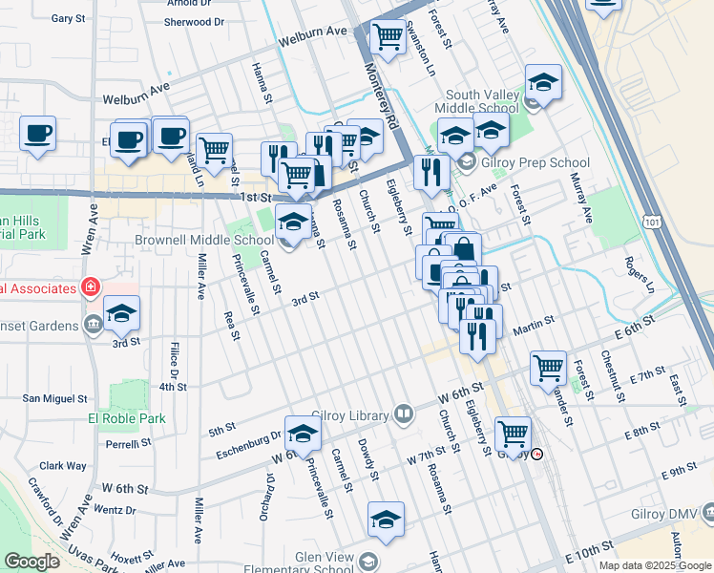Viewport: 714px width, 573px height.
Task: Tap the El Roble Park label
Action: tap(127, 418)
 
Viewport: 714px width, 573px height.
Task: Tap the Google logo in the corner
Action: tap(32, 562)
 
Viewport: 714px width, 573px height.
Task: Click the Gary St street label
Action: tap(69, 18)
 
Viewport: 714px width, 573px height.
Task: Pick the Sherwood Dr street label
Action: tap(194, 22)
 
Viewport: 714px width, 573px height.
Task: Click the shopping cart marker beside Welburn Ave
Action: tap(388, 38)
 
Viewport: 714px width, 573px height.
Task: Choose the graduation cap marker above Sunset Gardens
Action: tap(121, 313)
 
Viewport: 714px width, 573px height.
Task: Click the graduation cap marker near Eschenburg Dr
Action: tap(302, 435)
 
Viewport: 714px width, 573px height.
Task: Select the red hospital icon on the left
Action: tap(90, 286)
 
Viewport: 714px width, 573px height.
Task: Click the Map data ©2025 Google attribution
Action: tap(655, 565)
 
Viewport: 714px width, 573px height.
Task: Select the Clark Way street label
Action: tap(64, 466)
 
